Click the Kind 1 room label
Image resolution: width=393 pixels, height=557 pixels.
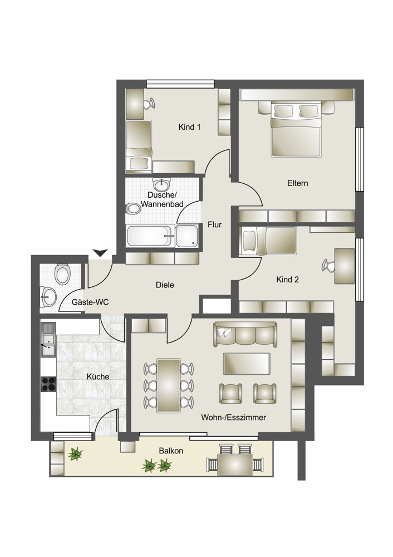[x=190, y=127]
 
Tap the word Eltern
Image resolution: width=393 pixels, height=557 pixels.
[x=297, y=183]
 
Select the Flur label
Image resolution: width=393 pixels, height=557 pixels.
[x=214, y=224]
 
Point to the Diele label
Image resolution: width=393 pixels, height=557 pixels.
[x=165, y=285]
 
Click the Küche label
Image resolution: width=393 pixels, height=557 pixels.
[x=98, y=377]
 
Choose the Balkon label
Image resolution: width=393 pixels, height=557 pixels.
[x=171, y=451]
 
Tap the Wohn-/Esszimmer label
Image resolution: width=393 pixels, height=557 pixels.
[x=234, y=417]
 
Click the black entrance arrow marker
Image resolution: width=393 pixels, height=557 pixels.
[x=101, y=253]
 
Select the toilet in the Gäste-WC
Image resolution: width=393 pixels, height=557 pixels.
[x=62, y=274]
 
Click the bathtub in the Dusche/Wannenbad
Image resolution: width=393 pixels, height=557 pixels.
[x=149, y=236]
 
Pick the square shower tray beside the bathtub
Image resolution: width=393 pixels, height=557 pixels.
[x=186, y=236]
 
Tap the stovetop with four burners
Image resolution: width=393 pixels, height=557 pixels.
[x=48, y=384]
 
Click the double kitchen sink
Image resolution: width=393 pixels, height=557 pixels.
[x=48, y=339]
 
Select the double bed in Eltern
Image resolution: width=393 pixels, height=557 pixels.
[x=296, y=129]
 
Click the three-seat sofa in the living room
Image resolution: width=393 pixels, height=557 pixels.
[x=245, y=334]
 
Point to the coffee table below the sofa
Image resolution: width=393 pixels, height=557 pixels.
[x=247, y=363]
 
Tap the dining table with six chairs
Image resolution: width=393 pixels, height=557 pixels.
[x=169, y=385]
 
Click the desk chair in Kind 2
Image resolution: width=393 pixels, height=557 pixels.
[x=328, y=266]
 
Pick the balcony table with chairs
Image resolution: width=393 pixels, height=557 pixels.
[x=236, y=460]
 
